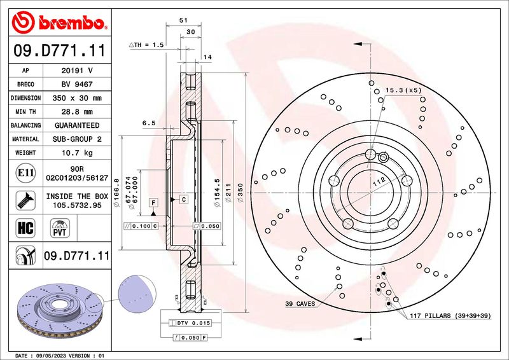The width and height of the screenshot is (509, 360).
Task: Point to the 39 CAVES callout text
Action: [x=300, y=304]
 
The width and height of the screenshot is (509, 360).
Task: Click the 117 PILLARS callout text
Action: [x=449, y=315]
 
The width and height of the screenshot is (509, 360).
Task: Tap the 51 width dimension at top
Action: [x=183, y=21]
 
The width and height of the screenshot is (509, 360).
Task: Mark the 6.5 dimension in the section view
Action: [x=149, y=123]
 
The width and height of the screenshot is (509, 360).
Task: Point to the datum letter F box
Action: [x=153, y=202]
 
